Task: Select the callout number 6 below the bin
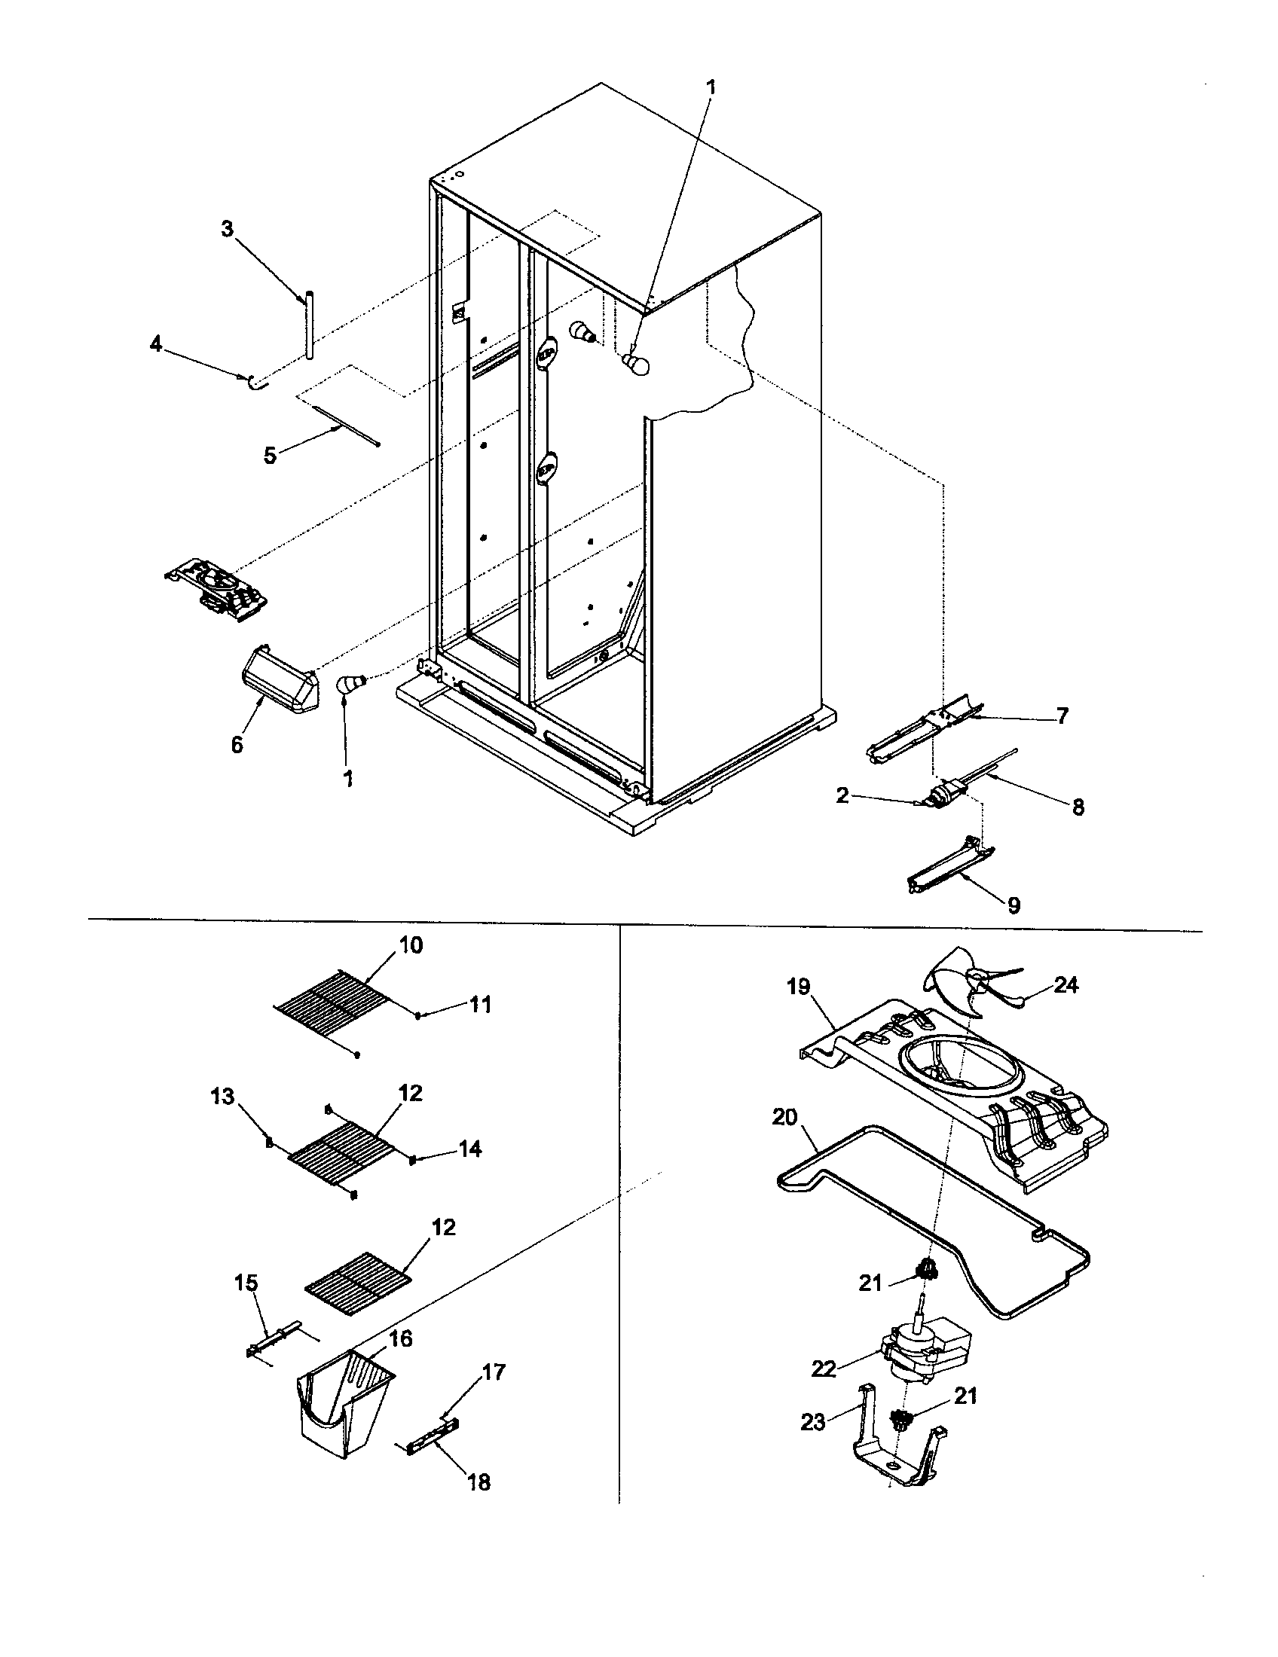(x=237, y=745)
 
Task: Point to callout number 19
(x=798, y=987)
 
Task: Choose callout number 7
(x=1062, y=716)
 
